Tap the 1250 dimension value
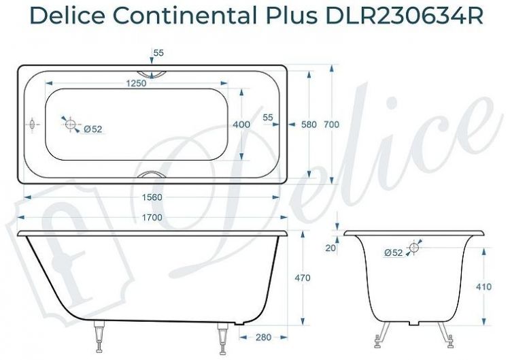(137, 83)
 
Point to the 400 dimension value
(241, 125)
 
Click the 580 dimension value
(309, 125)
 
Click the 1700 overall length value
(153, 218)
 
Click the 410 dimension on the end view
(483, 287)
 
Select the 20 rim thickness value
(330, 248)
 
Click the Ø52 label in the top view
(92, 129)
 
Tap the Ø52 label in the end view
(393, 252)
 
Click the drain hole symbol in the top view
(69, 123)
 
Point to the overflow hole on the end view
(414, 247)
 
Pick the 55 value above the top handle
(158, 52)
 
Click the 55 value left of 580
(267, 117)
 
